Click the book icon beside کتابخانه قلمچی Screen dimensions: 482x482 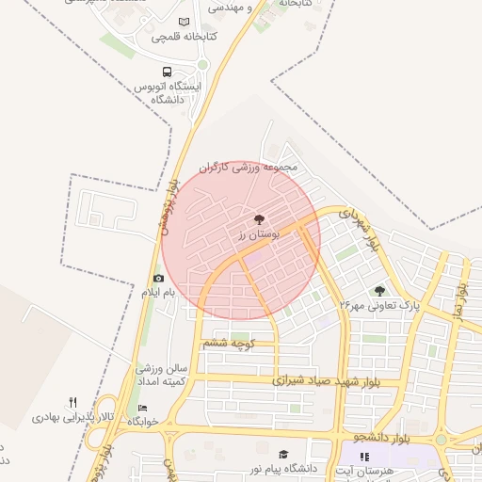coord(184,22)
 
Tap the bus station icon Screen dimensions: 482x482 coord(168,72)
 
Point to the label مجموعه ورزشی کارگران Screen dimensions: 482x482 coord(248,168)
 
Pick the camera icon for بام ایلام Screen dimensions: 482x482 coord(158,279)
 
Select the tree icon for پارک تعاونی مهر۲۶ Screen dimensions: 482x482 coord(379,291)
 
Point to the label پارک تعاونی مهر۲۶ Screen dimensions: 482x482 coord(378,306)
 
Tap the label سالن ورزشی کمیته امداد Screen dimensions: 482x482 coord(162,373)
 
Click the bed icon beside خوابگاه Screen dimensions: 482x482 coord(142,408)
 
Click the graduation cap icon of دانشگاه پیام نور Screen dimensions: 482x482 coord(284,454)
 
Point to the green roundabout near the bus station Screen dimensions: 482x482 coord(202,64)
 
